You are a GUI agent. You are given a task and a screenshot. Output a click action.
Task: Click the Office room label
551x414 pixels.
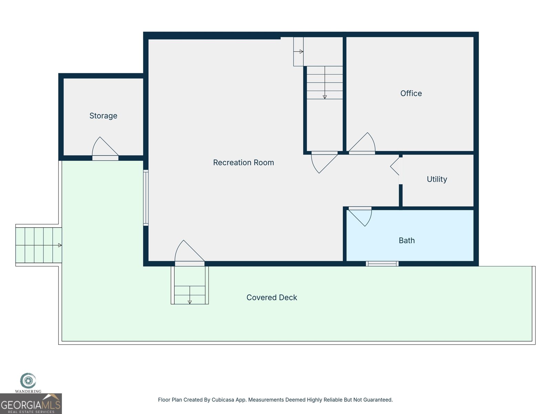(411, 93)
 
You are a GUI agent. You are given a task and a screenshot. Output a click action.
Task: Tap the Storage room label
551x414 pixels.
(103, 116)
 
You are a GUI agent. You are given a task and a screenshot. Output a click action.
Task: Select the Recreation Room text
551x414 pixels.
(243, 162)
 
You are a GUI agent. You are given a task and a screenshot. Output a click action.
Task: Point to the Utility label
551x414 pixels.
(437, 179)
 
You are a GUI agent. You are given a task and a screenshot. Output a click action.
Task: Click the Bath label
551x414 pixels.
(407, 240)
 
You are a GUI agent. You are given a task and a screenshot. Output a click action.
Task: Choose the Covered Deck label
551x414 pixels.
(272, 297)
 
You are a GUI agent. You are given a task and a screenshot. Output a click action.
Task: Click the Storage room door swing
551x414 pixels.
(104, 148)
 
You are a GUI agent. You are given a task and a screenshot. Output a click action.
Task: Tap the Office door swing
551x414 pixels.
(363, 143)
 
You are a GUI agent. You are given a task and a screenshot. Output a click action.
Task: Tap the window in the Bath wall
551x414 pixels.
(382, 264)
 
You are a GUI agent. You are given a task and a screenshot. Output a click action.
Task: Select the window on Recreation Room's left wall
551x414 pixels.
(146, 198)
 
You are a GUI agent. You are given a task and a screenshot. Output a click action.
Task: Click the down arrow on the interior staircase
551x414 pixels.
(325, 97)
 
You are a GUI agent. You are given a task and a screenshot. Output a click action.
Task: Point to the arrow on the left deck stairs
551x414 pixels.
(60, 245)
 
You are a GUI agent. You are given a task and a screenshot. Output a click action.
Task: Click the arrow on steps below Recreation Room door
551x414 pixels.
(190, 302)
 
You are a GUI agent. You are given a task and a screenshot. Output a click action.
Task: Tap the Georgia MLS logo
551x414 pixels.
(31, 404)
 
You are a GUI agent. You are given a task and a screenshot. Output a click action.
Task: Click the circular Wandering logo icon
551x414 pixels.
(28, 381)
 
